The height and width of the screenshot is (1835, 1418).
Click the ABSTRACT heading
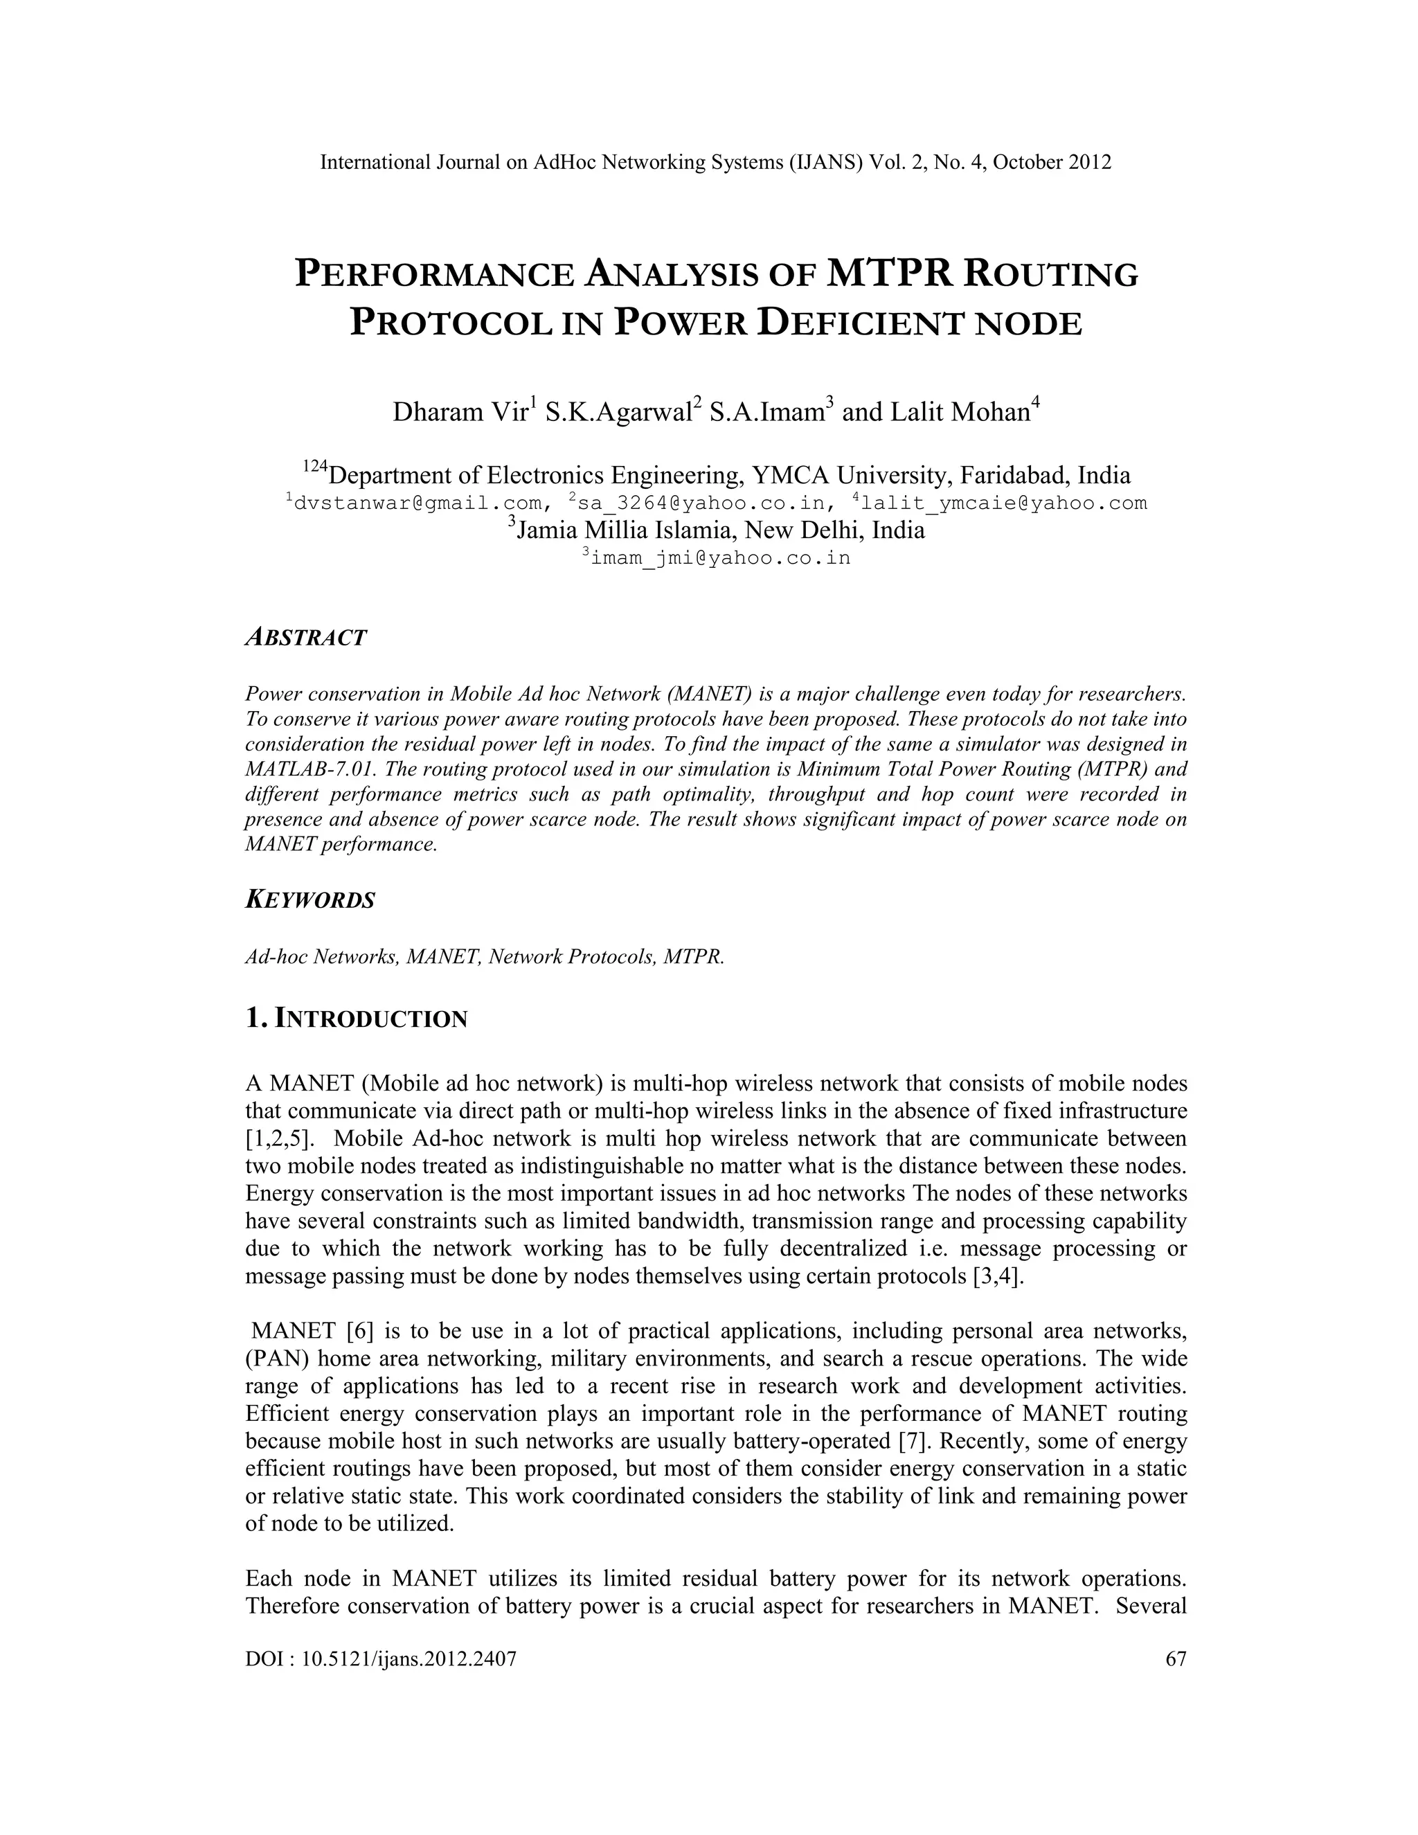pyautogui.click(x=306, y=638)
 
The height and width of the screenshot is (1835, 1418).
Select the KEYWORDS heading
pyautogui.click(x=310, y=900)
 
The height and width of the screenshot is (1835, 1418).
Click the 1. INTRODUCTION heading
pyautogui.click(x=356, y=1019)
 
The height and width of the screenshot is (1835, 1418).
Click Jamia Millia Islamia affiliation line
pyautogui.click(x=719, y=531)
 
